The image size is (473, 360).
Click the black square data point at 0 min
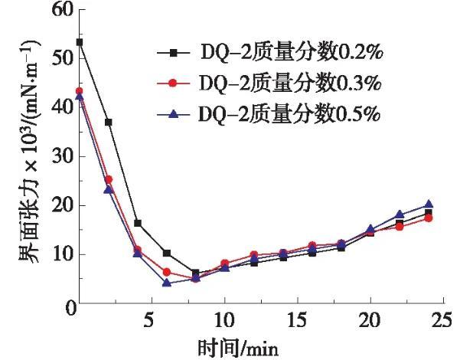pos(80,42)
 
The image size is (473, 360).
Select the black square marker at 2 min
pos(109,123)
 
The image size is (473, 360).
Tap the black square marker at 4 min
pos(138,223)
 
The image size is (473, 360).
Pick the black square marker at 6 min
pos(167,253)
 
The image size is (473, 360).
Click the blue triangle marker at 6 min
pos(167,283)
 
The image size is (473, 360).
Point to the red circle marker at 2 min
pos(109,179)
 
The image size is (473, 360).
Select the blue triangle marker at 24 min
pos(429,205)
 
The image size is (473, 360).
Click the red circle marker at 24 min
pos(429,218)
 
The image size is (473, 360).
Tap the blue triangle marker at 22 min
pos(400,214)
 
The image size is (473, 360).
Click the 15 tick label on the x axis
pos(297,318)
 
